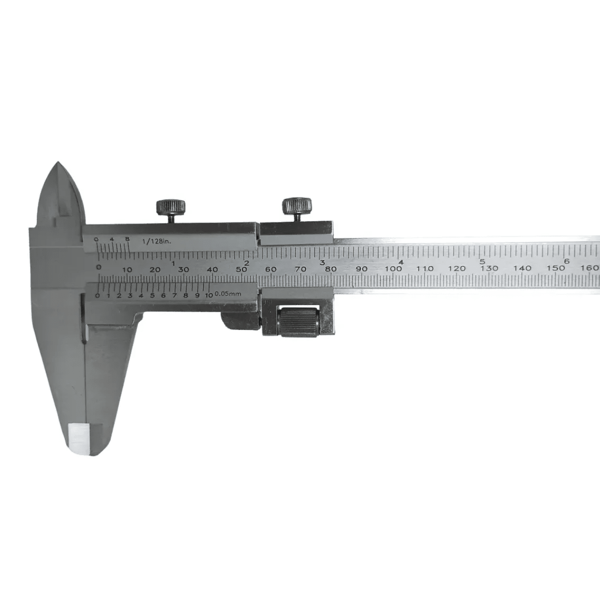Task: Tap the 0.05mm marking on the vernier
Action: point(227,294)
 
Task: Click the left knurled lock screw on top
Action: point(170,207)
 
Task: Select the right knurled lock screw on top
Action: point(296,205)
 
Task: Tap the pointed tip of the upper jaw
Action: point(58,162)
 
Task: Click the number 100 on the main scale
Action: point(393,268)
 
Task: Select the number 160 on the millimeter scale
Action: point(590,268)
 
